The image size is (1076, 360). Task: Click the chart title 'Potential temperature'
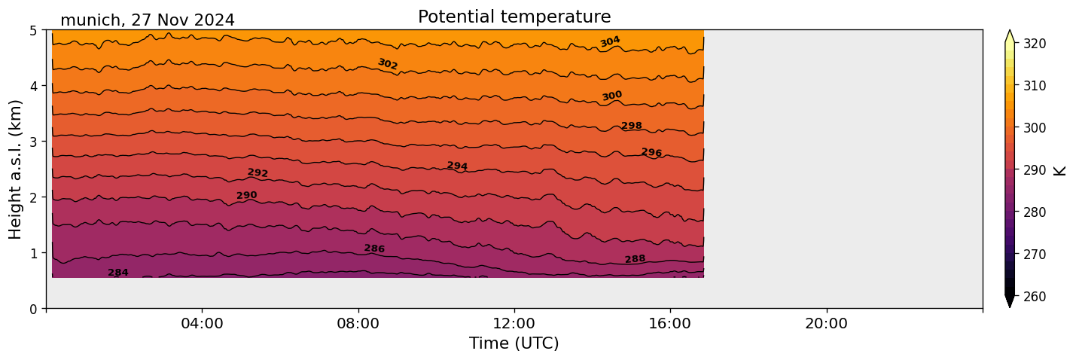pos(514,17)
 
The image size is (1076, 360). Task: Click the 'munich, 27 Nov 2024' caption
pos(148,20)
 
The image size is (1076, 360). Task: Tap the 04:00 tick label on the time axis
pos(203,324)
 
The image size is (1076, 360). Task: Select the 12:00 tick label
pos(514,324)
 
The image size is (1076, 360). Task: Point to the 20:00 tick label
pos(827,324)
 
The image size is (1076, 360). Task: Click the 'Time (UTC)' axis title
pos(514,344)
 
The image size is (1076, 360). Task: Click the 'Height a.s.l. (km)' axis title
pos(16,169)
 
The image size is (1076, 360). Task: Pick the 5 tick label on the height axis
pos(34,30)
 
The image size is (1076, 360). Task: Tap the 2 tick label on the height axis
pos(34,197)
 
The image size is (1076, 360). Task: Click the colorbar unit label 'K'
pos(1060,170)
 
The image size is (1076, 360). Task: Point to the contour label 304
pos(610,41)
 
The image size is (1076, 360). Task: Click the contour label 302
pos(387,64)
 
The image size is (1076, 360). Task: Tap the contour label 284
pos(118,273)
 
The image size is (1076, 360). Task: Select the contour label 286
pos(374,249)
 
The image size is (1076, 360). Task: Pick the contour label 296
pos(651,153)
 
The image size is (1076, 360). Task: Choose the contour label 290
pos(246,196)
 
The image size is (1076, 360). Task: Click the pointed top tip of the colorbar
pos(1010,32)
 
